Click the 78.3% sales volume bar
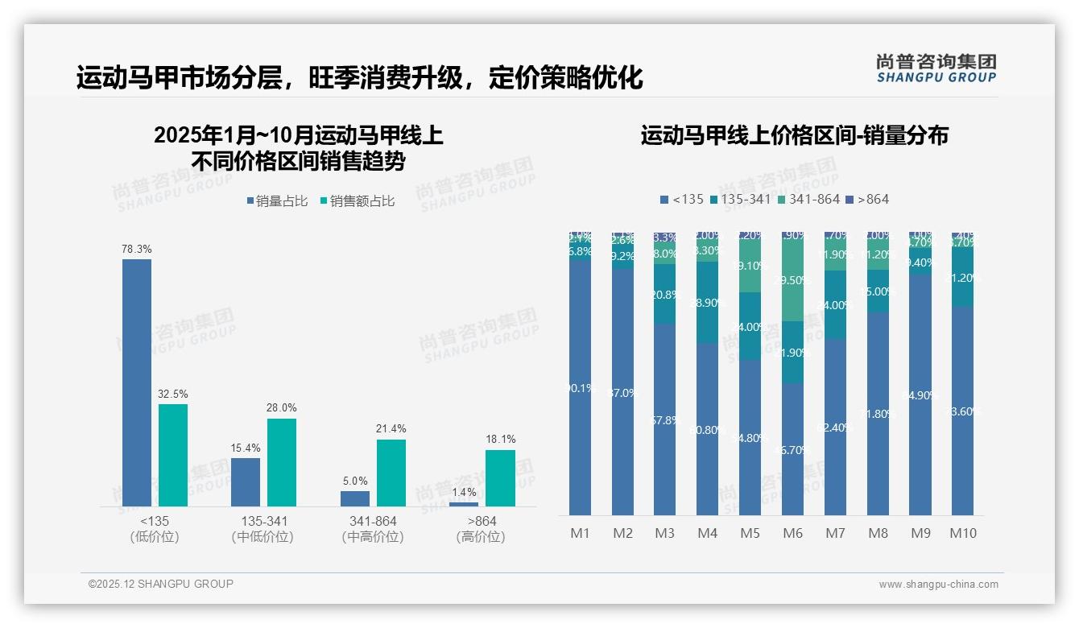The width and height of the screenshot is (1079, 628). tap(137, 382)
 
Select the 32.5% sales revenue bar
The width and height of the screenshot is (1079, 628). tap(173, 455)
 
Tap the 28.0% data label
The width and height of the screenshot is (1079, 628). tap(281, 408)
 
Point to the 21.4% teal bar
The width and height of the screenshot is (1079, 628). tap(391, 473)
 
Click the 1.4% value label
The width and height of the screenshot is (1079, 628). tap(463, 492)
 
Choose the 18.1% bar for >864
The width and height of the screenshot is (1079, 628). tap(500, 477)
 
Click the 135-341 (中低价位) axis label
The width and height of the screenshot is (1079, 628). tap(263, 529)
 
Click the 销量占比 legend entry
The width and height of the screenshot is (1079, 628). tap(277, 201)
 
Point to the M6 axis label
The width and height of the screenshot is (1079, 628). tap(792, 533)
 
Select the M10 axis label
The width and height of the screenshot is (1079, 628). tap(963, 533)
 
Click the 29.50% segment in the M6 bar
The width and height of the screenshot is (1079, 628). tap(792, 280)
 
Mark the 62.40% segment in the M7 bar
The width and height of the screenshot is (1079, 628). tap(835, 427)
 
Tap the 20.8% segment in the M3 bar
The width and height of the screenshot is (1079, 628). tap(664, 295)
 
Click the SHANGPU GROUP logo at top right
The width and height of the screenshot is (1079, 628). tap(936, 68)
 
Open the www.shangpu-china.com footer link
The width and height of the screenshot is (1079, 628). tap(938, 585)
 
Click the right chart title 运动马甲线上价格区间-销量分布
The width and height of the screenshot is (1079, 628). tap(794, 135)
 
